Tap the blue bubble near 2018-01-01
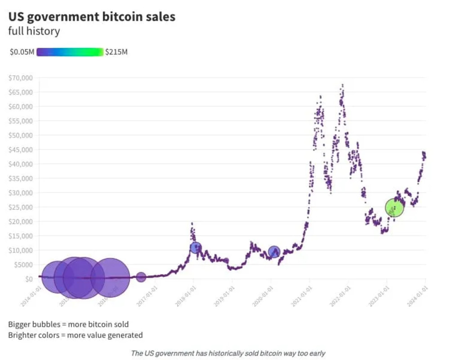tap(196, 247)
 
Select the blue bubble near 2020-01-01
tap(274, 252)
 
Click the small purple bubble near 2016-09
tap(141, 277)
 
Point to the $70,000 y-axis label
tap(21, 78)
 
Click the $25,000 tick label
tap(21, 207)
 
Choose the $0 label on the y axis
tap(28, 279)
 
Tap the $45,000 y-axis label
tap(21, 150)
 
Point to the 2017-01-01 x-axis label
tap(147, 296)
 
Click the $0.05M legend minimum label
tap(22, 52)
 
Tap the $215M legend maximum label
tap(116, 52)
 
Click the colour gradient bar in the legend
tap(70, 52)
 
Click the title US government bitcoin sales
tap(92, 17)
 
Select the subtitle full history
tap(34, 31)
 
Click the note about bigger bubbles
tap(68, 324)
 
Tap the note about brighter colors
tap(76, 335)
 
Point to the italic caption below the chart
tap(228, 353)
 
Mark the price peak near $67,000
tap(343, 85)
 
